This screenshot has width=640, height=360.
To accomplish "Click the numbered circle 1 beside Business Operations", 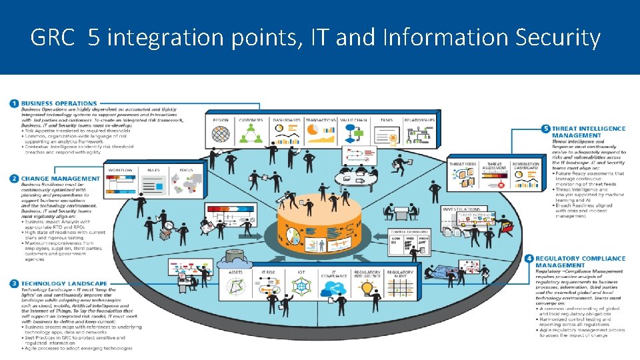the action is tap(14, 103).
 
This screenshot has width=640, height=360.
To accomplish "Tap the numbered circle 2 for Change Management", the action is tap(14, 179).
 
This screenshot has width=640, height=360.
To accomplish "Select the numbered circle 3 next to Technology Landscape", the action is tap(14, 284).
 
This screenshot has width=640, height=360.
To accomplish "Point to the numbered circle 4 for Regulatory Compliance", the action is tap(529, 258).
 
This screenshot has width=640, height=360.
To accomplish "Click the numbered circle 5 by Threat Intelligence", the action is tap(546, 128).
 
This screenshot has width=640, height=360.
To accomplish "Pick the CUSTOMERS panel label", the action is tap(251, 120).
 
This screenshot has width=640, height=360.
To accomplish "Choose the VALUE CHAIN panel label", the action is tap(353, 120).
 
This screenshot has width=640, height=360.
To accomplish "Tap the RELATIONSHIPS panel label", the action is tap(419, 120).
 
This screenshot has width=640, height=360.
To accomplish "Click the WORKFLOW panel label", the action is tap(121, 170).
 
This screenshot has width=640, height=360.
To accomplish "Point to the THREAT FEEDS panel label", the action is tap(462, 164).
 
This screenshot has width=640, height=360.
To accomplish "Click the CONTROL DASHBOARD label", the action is tap(405, 231).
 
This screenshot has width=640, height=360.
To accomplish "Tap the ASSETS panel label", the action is tap(235, 272).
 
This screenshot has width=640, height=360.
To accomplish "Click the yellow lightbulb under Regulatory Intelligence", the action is tap(367, 288).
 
